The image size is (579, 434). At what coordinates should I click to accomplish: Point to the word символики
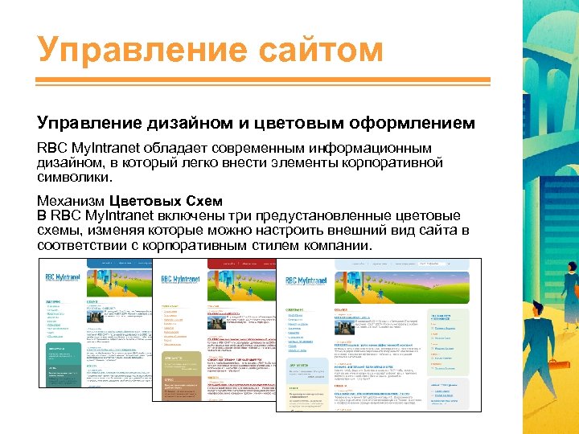pos(72,177)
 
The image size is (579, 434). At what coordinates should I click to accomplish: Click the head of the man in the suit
pos(564,278)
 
